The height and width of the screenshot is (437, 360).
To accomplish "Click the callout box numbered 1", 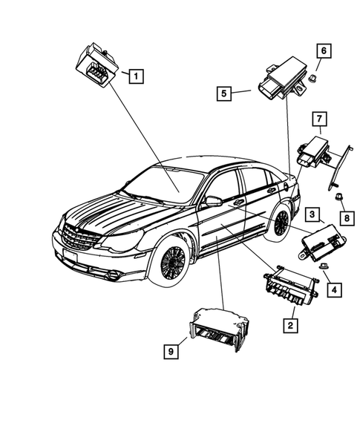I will [137, 74].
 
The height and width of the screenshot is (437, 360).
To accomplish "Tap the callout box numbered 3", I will [312, 215].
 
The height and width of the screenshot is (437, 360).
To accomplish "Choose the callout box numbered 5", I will [222, 93].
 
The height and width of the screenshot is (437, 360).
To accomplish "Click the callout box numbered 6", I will [324, 50].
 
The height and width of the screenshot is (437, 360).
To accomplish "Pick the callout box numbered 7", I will [318, 119].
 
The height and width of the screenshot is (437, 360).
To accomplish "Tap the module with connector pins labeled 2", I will [289, 286].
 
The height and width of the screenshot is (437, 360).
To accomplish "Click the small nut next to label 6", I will [314, 79].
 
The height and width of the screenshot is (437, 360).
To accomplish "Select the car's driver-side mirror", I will [213, 201].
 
